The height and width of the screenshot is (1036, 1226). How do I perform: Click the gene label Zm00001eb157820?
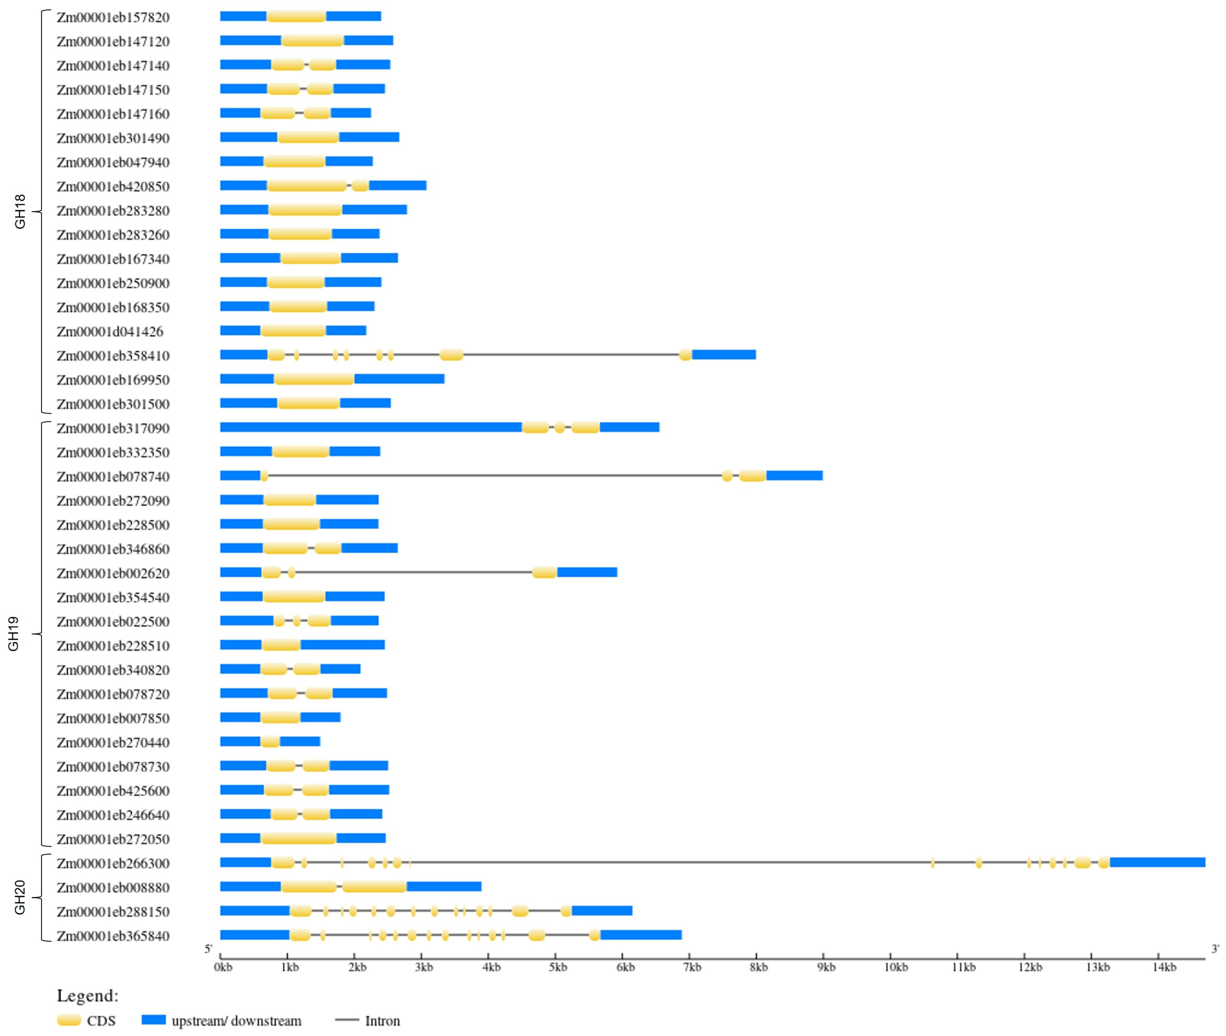point(113,17)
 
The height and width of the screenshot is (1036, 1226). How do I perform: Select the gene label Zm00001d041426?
point(110,332)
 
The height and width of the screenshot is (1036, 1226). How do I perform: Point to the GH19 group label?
point(13,634)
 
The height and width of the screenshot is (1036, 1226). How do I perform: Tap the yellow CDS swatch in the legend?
point(69,1020)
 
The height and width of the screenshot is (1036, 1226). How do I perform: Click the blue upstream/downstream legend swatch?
point(153,1020)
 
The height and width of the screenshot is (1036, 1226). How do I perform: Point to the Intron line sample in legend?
point(346,1020)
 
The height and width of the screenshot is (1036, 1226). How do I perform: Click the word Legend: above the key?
point(88,996)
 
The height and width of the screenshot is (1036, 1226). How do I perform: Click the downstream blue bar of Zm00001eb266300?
point(1157,862)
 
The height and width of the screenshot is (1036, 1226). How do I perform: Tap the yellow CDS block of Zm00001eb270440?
point(270,742)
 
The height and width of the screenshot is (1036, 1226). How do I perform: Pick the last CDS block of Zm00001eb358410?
point(685,355)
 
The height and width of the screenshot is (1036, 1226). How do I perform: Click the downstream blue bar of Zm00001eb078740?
point(794,476)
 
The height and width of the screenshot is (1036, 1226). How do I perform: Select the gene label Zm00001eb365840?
point(113,936)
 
